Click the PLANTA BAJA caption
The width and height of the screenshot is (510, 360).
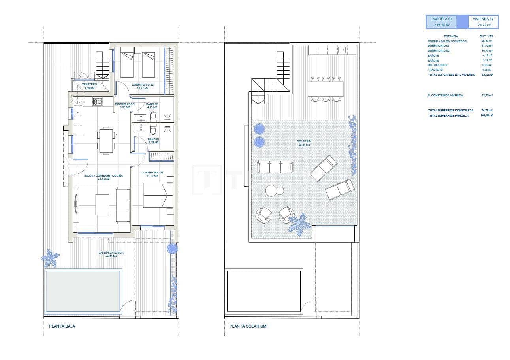(x=62, y=326)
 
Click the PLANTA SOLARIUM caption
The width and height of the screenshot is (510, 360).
(x=248, y=326)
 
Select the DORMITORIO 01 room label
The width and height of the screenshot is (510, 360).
(x=152, y=174)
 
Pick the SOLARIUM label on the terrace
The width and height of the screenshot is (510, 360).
(x=304, y=143)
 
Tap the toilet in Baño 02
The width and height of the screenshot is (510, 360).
(x=153, y=117)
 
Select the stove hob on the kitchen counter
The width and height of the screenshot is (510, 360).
(x=98, y=102)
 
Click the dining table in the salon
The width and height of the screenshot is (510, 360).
(x=106, y=140)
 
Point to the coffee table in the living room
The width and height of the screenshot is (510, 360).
(x=102, y=204)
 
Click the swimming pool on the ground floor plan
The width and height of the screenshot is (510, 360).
(x=83, y=291)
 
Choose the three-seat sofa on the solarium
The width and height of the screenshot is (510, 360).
(x=275, y=166)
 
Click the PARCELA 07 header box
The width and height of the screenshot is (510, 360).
(x=441, y=22)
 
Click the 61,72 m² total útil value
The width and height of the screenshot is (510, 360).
(x=487, y=74)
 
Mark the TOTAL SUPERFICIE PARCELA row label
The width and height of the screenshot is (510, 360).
(x=448, y=115)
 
